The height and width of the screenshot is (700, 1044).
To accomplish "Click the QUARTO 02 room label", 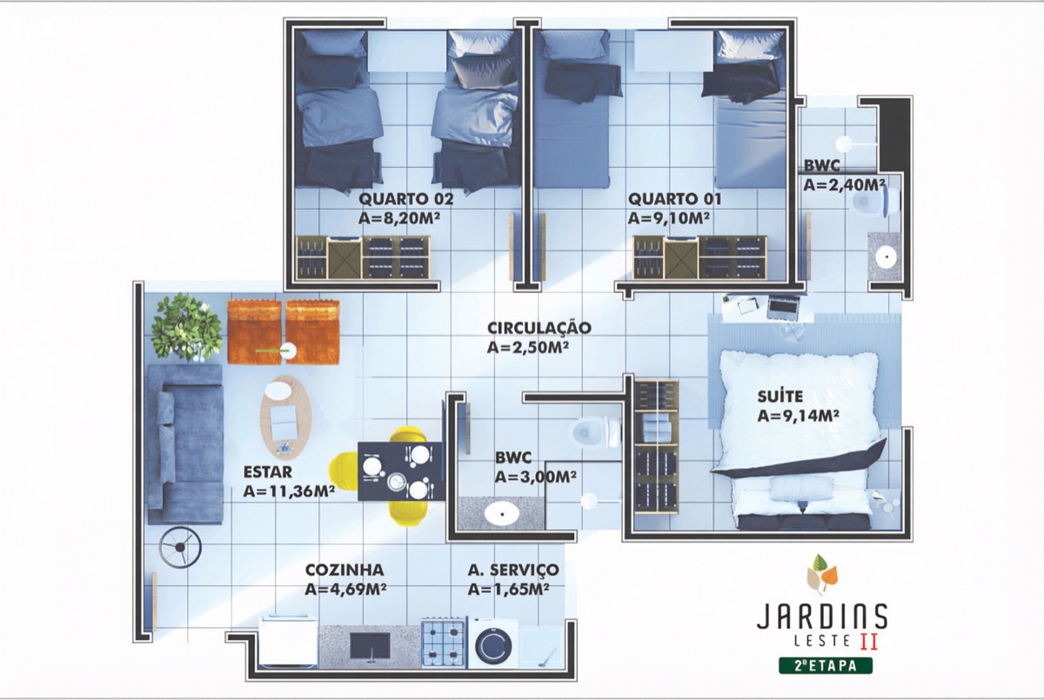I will tap(406, 198).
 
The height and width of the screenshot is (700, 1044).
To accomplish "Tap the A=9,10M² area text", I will tap(674, 218).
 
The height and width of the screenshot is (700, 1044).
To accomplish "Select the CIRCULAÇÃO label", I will tap(539, 328).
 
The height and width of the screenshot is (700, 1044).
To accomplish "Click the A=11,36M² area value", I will tap(290, 491).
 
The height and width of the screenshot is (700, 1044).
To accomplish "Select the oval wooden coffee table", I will tap(286, 416).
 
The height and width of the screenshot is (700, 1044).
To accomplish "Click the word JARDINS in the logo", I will tap(821, 617).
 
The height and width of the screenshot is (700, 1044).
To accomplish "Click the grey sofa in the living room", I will tap(184, 443).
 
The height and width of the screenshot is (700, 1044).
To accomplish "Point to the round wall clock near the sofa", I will tap(180, 548).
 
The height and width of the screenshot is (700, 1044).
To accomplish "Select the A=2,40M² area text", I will tap(844, 184).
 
